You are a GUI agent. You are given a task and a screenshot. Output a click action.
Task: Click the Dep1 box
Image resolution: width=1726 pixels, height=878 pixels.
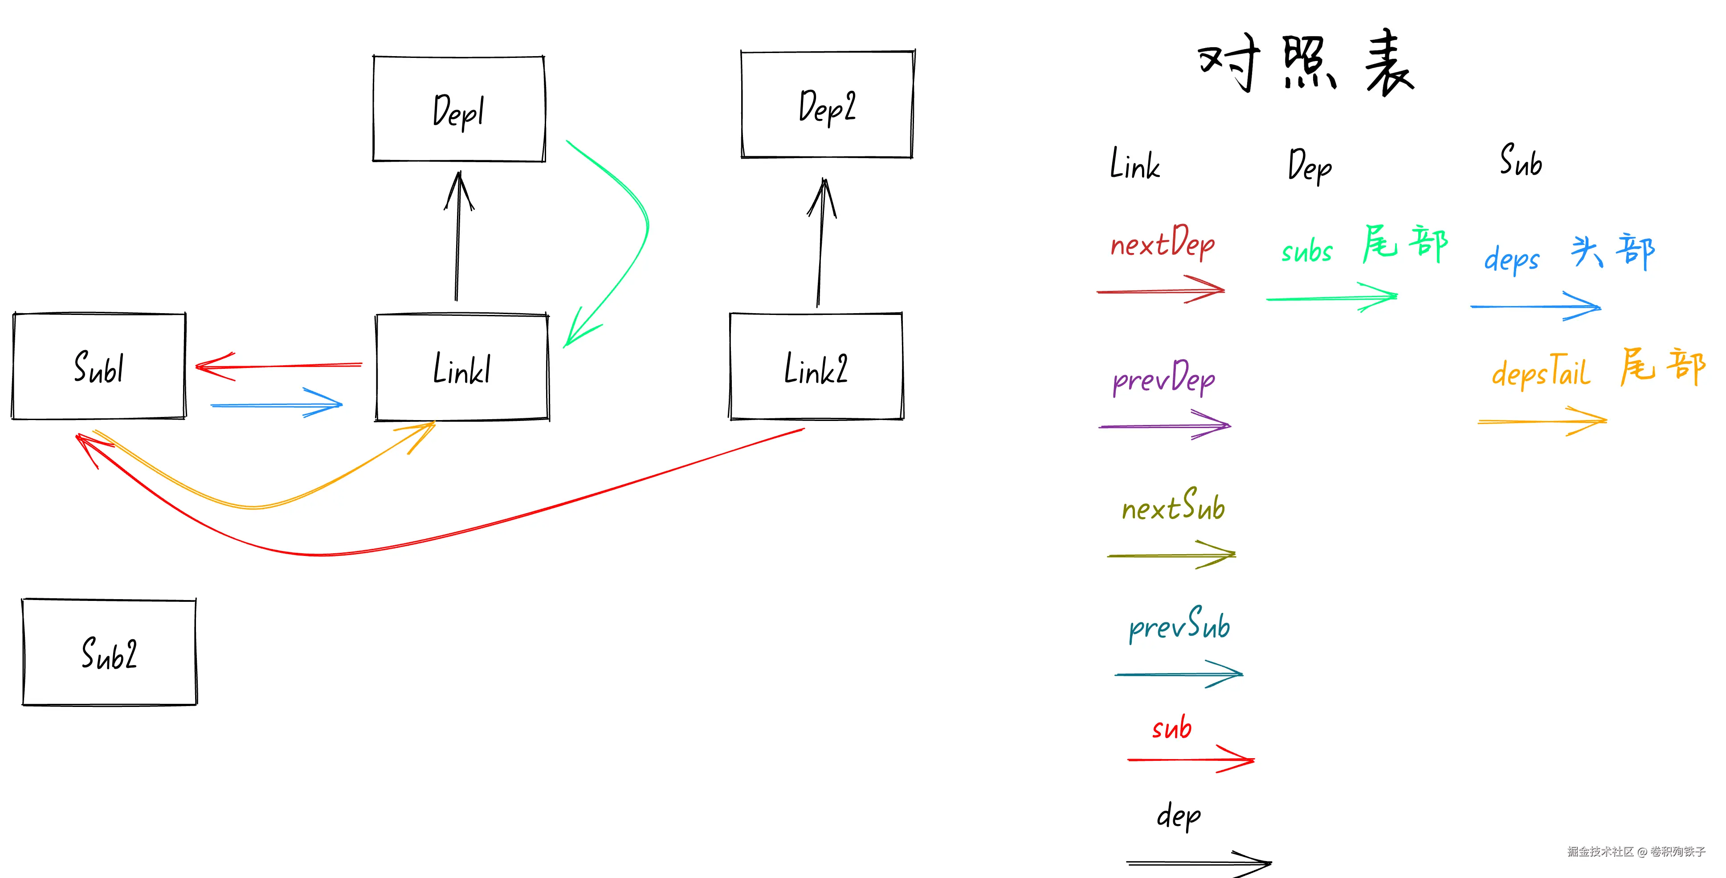pos(459,109)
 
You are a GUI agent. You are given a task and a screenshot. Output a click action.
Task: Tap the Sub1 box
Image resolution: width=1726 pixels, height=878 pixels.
pos(99,367)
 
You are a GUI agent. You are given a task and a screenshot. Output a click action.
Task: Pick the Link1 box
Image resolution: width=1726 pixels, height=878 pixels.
pos(462,368)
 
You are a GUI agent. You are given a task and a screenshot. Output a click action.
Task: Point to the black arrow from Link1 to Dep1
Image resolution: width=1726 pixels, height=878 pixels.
pos(457,241)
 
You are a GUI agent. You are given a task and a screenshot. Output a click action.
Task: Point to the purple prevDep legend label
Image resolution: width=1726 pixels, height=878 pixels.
pos(1164,378)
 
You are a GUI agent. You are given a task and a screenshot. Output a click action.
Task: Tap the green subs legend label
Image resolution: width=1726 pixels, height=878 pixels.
pos(1306,251)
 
